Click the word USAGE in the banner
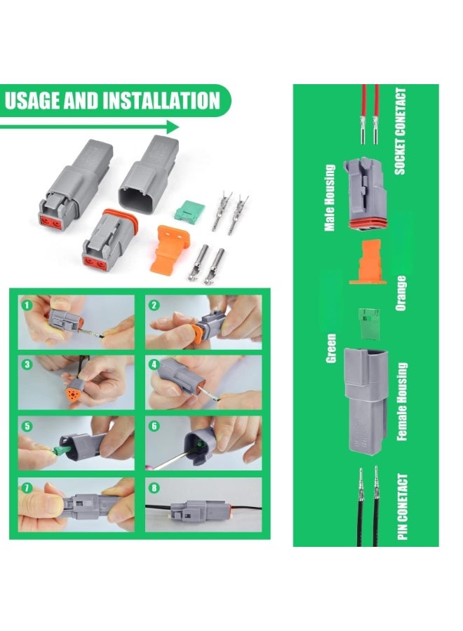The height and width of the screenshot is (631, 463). point(32,100)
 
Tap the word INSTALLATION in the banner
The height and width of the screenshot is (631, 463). point(161,100)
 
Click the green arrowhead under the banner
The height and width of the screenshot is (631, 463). point(173,127)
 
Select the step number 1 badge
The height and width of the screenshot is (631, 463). point(27,305)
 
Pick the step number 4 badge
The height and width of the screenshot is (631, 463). point(154,365)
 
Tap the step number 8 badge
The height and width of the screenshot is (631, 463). point(154,488)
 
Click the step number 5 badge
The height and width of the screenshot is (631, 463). point(27,426)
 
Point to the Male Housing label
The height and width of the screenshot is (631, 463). point(330,198)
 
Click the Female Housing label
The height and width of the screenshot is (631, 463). point(402,402)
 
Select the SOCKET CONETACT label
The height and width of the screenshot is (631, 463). point(400,132)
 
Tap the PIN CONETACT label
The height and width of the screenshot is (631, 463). point(402,507)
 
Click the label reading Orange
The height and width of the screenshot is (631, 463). point(401,293)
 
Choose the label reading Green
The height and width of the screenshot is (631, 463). point(330,348)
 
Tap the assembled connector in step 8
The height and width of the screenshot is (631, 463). point(201,509)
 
